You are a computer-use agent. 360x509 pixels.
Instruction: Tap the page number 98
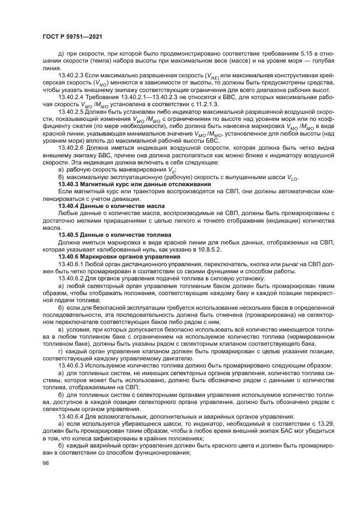[46, 463]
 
